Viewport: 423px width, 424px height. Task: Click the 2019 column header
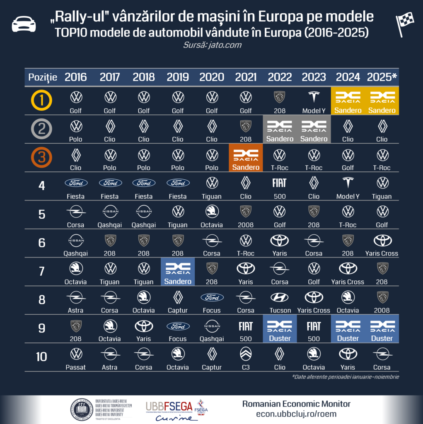[x=178, y=77]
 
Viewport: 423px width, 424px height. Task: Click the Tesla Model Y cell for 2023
[x=314, y=101]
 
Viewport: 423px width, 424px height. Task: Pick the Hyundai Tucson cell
[x=280, y=301]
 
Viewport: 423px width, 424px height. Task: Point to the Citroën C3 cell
[x=246, y=358]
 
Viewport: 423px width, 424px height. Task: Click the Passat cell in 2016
[x=76, y=358]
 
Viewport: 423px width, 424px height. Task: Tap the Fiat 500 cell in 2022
[x=280, y=187]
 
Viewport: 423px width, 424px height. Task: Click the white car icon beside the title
[x=24, y=24]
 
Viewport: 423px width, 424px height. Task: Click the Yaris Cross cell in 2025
[x=382, y=244]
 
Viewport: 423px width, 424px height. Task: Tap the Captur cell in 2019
[x=178, y=301]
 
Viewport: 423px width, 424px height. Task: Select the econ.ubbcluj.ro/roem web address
[x=296, y=414]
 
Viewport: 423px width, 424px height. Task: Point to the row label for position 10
[x=41, y=357]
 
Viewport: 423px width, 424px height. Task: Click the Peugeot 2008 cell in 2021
[x=246, y=215]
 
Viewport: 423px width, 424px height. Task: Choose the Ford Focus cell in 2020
[x=212, y=301]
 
